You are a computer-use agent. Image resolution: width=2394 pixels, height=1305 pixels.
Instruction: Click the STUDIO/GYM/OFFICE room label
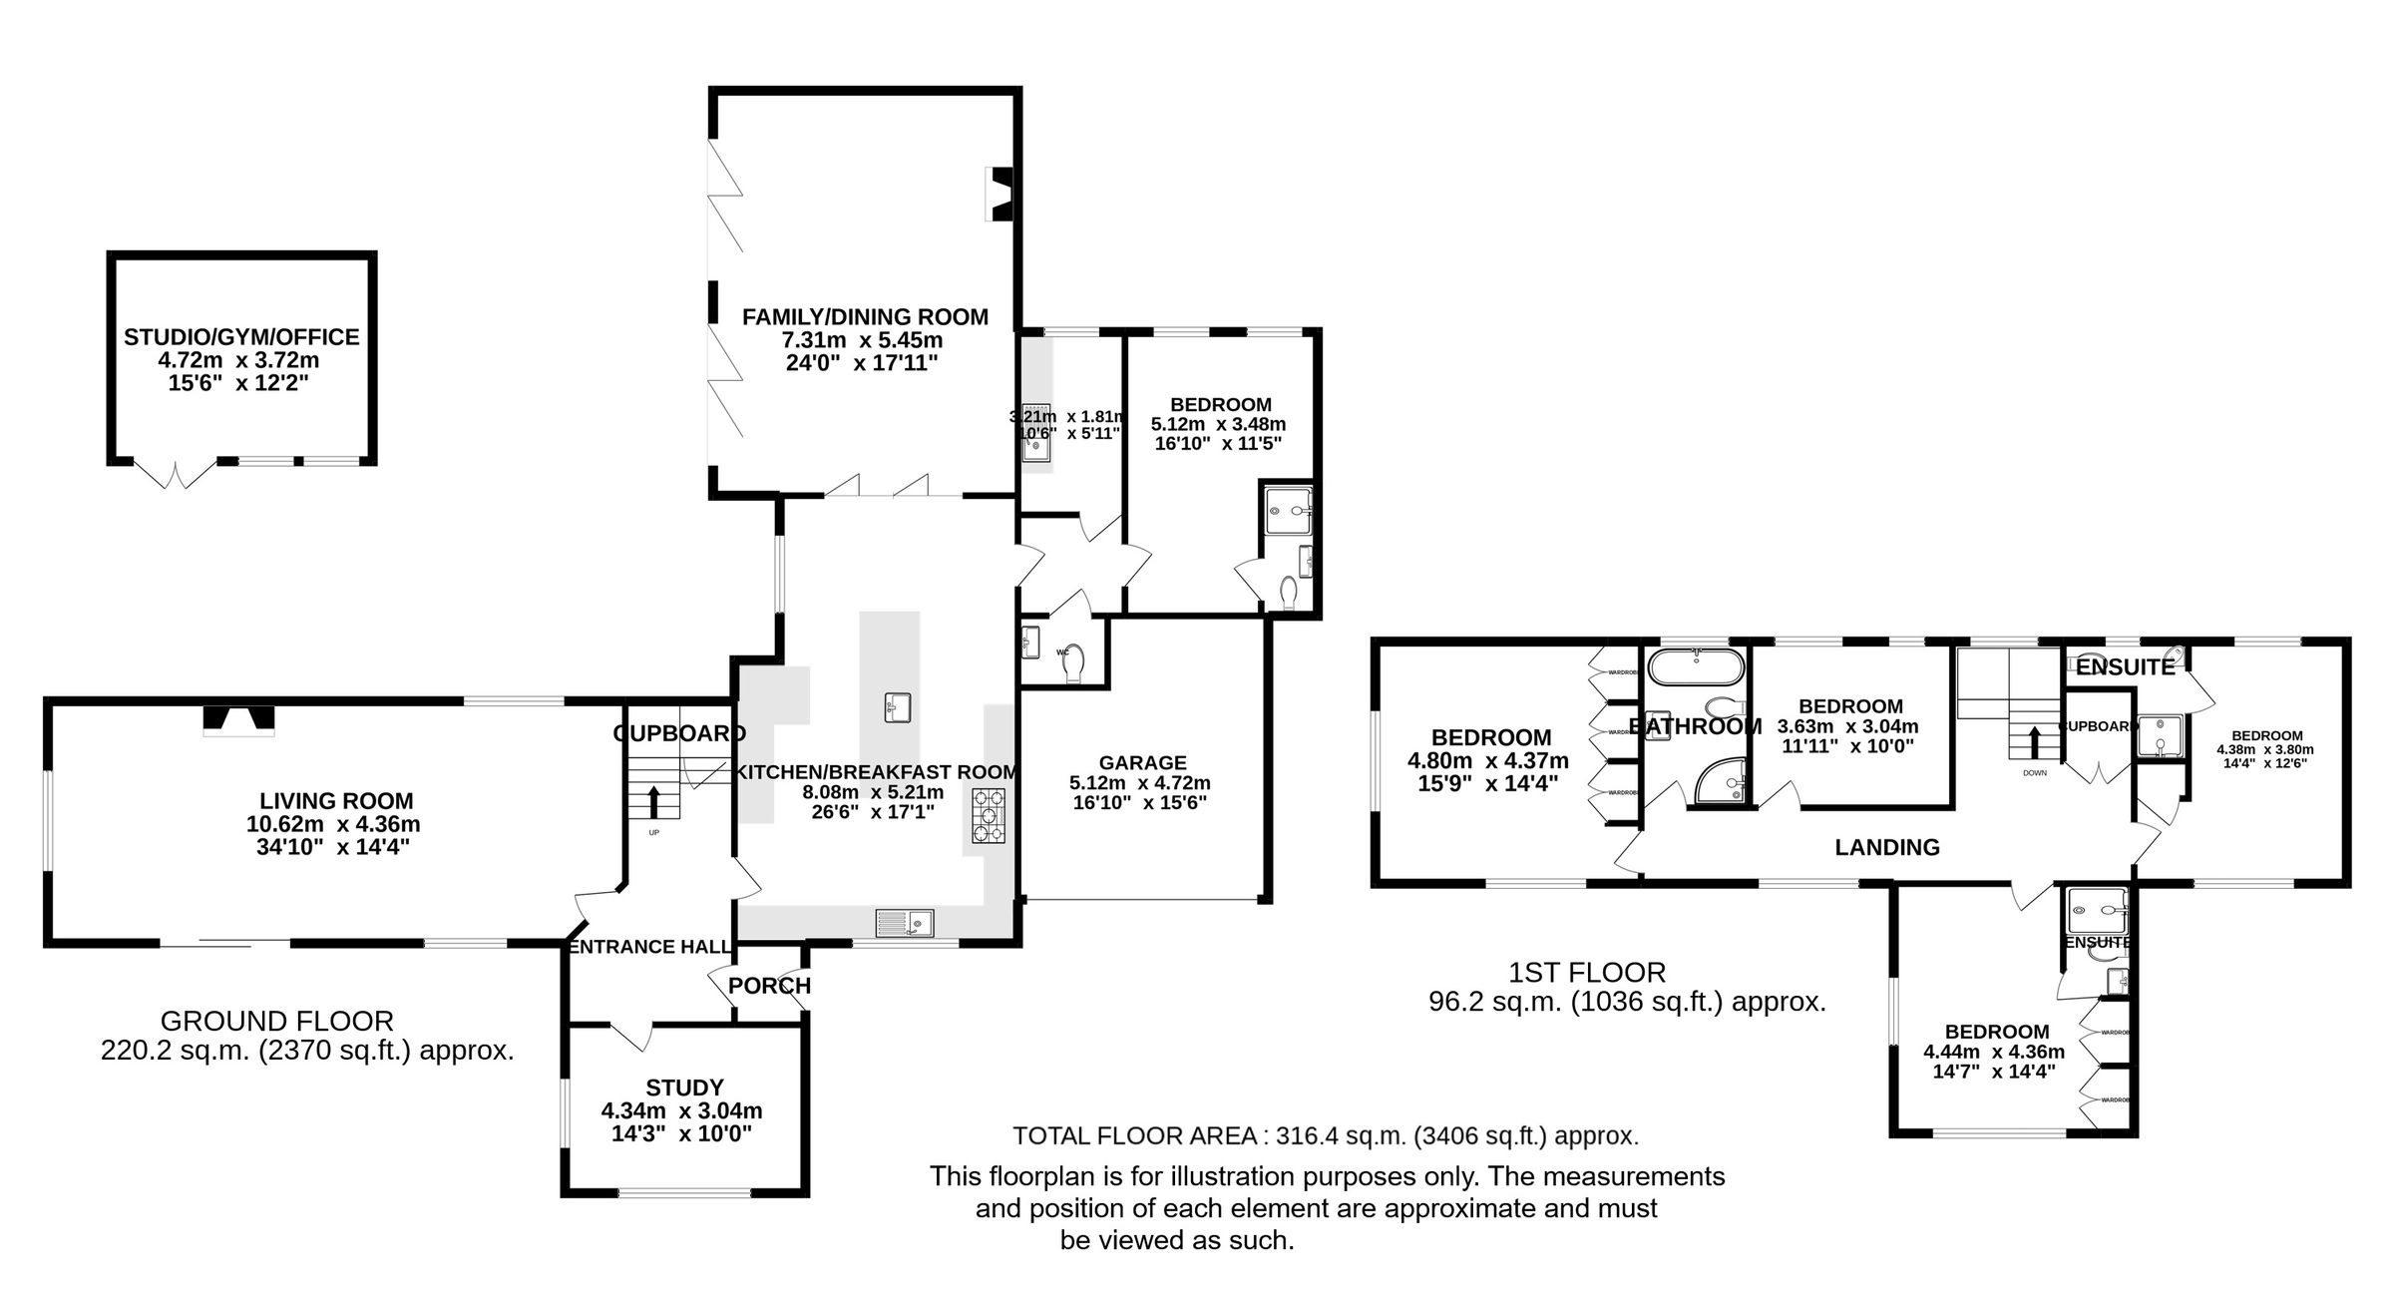(x=241, y=337)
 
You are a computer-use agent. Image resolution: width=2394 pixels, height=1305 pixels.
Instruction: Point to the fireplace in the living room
(x=238, y=719)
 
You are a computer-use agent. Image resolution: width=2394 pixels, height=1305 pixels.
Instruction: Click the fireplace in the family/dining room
(x=998, y=195)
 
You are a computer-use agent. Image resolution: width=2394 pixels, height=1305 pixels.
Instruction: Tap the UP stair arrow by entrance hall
(x=653, y=801)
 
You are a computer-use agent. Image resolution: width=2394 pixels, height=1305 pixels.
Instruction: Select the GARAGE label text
(x=1142, y=762)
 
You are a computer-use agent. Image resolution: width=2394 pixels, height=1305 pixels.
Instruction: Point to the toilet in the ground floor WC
(x=1074, y=664)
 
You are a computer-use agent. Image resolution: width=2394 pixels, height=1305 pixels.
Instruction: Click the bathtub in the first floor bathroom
(x=1697, y=666)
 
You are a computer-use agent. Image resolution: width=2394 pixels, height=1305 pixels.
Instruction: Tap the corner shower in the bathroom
(x=1720, y=780)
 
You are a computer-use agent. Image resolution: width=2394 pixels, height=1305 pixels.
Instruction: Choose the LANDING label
(x=1887, y=847)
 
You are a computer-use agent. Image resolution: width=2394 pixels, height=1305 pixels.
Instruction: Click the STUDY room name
(x=684, y=1087)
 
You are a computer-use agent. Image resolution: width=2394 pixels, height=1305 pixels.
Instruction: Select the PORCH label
(x=769, y=986)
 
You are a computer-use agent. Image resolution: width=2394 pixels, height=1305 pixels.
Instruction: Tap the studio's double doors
(x=175, y=474)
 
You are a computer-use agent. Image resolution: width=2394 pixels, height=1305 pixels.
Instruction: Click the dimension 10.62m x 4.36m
(x=333, y=824)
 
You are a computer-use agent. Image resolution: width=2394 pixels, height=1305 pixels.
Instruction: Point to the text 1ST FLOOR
(x=1586, y=972)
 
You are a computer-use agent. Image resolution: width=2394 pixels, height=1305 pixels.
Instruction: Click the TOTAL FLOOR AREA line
(x=1326, y=1135)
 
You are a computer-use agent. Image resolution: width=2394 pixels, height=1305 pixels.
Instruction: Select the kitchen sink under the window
(x=905, y=923)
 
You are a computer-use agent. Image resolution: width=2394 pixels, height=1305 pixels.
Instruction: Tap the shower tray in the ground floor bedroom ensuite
(x=1287, y=512)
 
